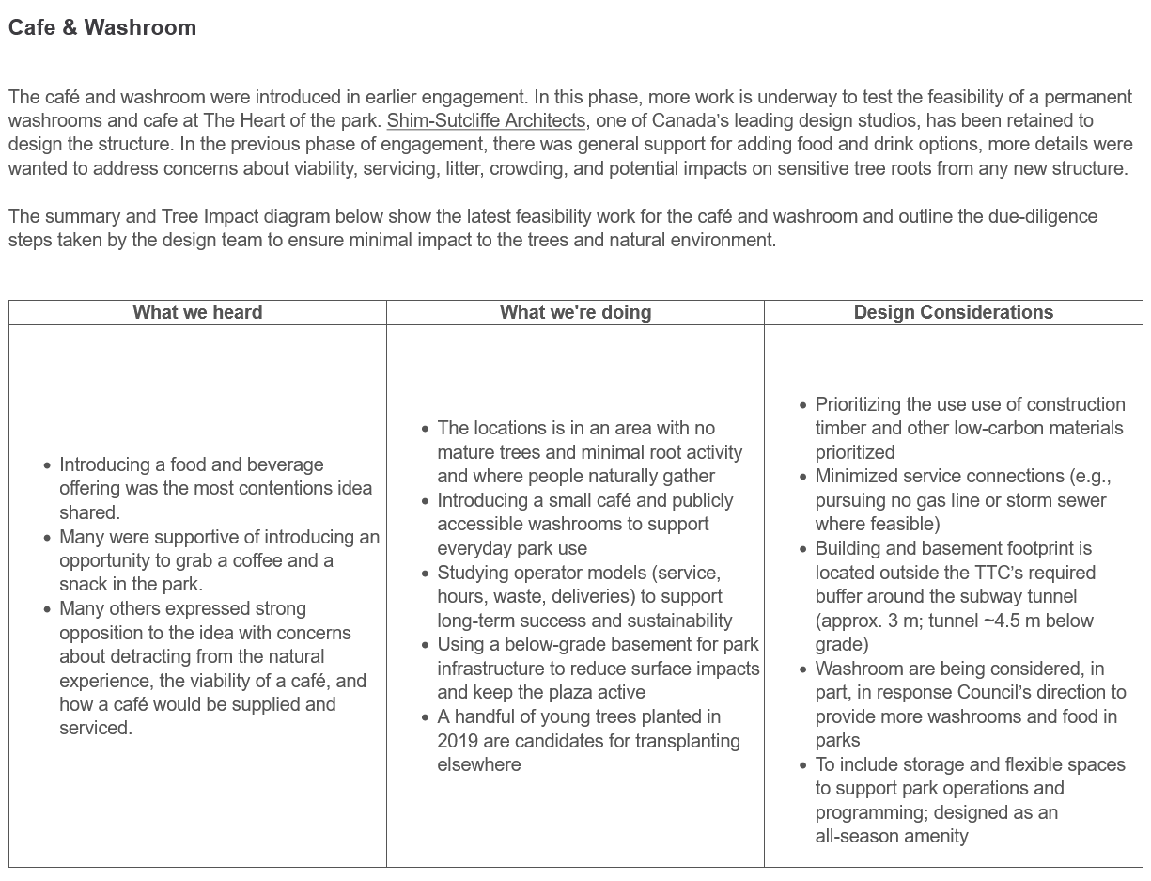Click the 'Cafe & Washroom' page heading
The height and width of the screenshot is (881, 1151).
[102, 28]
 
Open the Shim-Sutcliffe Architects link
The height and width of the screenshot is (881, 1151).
[486, 121]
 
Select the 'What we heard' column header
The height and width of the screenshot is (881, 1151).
[197, 313]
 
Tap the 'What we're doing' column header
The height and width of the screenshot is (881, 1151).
[575, 313]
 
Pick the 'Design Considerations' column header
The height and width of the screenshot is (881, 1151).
[953, 313]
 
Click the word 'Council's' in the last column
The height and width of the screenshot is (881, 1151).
[1016, 693]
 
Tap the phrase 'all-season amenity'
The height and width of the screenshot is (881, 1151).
[891, 837]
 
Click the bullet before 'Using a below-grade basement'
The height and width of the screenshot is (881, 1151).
[425, 645]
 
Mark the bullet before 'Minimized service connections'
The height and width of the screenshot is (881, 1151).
[802, 477]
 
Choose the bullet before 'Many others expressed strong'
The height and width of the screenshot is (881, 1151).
[47, 609]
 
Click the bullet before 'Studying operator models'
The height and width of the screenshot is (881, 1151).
[425, 573]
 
